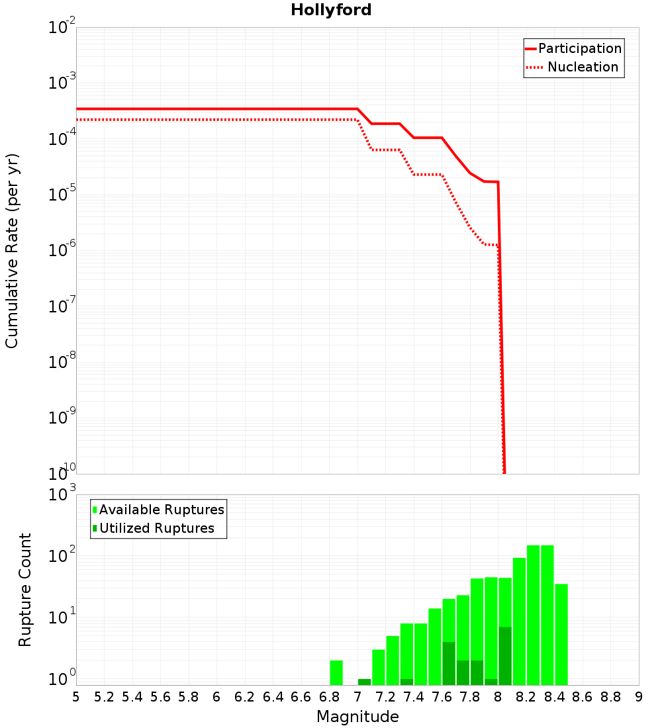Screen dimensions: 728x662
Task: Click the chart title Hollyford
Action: pyautogui.click(x=331, y=10)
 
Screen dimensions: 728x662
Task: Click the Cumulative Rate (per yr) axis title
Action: pyautogui.click(x=12, y=251)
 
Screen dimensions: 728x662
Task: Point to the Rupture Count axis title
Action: pyautogui.click(x=25, y=590)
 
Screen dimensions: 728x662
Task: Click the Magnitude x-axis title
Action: pyautogui.click(x=357, y=716)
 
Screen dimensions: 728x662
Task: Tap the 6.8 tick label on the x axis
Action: pyautogui.click(x=329, y=697)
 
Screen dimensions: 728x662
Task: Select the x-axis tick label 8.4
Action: pyautogui.click(x=554, y=697)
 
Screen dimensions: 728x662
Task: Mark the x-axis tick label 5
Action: pyautogui.click(x=76, y=697)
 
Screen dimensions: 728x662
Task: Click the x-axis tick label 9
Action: pyautogui.click(x=639, y=697)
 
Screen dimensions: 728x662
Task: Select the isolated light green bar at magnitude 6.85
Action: pyautogui.click(x=336, y=672)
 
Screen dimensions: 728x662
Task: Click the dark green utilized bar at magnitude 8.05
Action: pyautogui.click(x=505, y=655)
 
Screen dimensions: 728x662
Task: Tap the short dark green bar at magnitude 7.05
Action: pyautogui.click(x=364, y=682)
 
